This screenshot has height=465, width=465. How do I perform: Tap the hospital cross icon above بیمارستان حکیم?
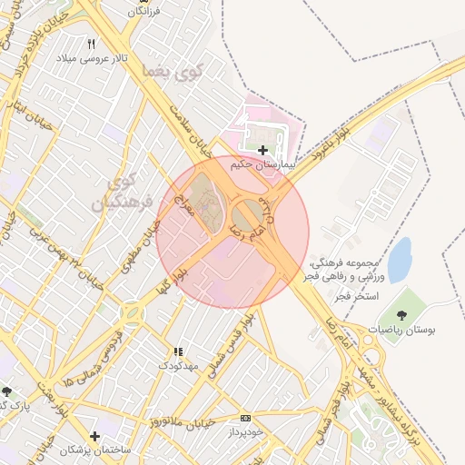pos(262,150)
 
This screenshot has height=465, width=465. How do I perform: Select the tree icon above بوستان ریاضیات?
pos(401,315)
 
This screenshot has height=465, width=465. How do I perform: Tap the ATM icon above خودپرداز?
pos(244,418)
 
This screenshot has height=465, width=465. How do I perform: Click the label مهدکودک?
pos(176,365)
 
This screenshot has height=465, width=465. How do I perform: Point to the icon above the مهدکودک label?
pos(177,351)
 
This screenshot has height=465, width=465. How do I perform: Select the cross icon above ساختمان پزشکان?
pos(94,436)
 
